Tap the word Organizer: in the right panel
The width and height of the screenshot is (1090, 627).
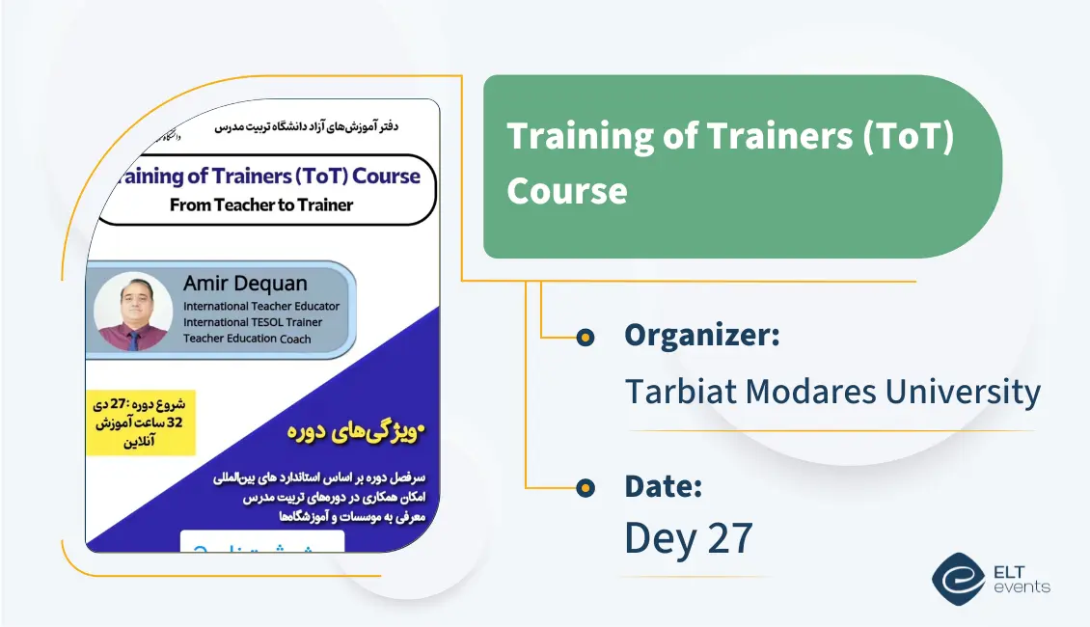pyautogui.click(x=701, y=336)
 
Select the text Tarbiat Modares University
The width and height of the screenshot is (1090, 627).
pyautogui.click(x=831, y=392)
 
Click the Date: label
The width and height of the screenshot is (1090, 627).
pyautogui.click(x=663, y=486)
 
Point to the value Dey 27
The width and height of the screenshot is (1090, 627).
pyautogui.click(x=688, y=538)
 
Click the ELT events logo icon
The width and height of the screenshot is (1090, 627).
pyautogui.click(x=958, y=578)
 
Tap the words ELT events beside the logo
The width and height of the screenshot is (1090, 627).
pyautogui.click(x=1021, y=579)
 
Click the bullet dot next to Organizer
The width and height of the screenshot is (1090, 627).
pyautogui.click(x=585, y=337)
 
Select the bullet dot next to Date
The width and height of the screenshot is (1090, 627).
pyautogui.click(x=585, y=488)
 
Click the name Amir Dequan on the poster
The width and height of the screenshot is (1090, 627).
pyautogui.click(x=245, y=284)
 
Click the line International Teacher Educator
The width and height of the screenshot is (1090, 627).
pyautogui.click(x=261, y=307)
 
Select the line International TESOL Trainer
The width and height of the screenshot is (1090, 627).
pyautogui.click(x=253, y=322)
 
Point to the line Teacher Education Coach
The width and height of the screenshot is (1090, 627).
pyautogui.click(x=247, y=339)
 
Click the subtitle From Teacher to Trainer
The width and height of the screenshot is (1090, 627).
pyautogui.click(x=261, y=204)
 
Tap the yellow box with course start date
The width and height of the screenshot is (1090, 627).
pyautogui.click(x=141, y=423)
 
